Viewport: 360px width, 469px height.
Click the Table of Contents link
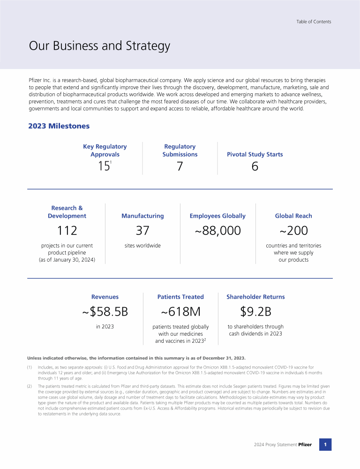(314, 22)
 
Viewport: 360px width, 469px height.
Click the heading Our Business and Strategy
(99, 46)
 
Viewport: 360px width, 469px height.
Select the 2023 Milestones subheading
(59, 126)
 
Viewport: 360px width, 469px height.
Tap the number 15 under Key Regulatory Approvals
(104, 166)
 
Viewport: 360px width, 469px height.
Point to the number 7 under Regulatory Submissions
(180, 166)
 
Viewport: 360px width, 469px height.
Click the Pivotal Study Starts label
(255, 154)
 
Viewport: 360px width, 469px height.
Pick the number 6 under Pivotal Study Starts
(255, 166)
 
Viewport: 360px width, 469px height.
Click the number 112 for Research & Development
(67, 230)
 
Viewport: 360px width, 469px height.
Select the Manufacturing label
(142, 216)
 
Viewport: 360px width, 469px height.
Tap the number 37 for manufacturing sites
(142, 230)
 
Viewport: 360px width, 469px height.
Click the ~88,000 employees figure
(217, 230)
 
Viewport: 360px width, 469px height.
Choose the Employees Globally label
(217, 216)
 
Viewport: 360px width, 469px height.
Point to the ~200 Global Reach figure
(293, 230)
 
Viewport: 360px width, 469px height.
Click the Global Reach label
(293, 216)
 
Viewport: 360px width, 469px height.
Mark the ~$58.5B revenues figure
(105, 311)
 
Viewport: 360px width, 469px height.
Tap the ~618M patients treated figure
(180, 311)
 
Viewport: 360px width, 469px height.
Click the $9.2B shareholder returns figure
(255, 311)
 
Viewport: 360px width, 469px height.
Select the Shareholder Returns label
(255, 297)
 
